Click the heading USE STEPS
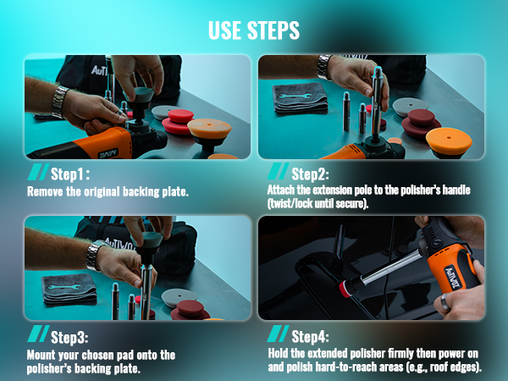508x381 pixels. (254, 31)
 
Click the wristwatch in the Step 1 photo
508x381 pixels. (59, 100)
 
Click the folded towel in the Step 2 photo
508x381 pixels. (301, 97)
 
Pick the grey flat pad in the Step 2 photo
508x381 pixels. (408, 106)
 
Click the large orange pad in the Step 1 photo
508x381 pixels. (209, 131)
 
